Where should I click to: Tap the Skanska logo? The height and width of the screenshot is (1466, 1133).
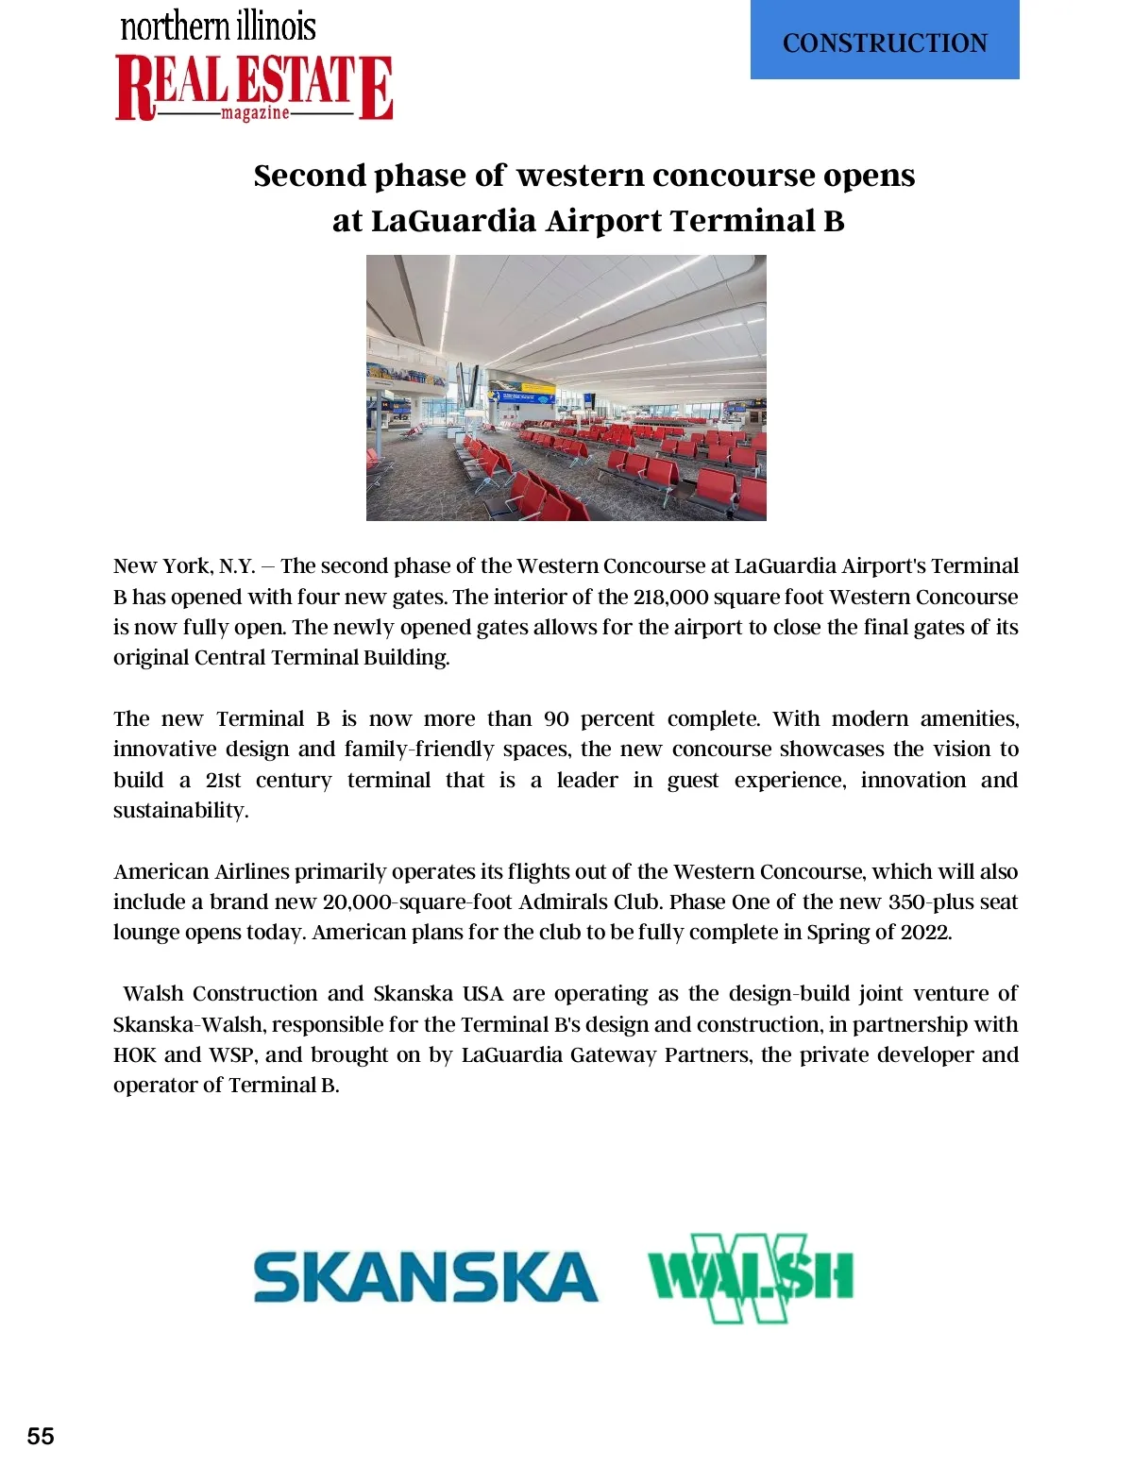tap(426, 1276)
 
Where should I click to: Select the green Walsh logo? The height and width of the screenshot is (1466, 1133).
tap(751, 1276)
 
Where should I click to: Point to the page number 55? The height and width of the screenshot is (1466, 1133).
tap(41, 1436)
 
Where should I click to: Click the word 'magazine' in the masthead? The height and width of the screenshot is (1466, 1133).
tap(255, 113)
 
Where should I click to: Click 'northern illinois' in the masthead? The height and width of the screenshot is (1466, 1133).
tap(218, 25)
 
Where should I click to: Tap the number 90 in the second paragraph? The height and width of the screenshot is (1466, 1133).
tap(556, 718)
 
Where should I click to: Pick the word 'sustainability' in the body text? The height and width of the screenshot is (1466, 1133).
tap(179, 810)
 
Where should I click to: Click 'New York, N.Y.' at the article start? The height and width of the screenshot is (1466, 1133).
tap(184, 566)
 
